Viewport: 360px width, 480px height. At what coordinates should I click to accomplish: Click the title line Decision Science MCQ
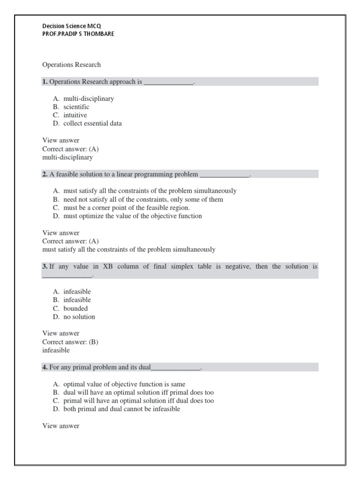(71, 26)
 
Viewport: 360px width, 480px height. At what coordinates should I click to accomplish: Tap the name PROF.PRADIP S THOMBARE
(78, 34)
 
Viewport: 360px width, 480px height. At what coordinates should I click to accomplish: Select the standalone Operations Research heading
(71, 65)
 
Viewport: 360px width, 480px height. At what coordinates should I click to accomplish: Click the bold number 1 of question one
(45, 82)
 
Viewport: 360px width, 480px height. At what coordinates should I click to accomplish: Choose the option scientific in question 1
(76, 107)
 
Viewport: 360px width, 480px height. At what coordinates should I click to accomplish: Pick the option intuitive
(75, 115)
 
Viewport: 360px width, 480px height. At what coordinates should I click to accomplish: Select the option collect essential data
(92, 124)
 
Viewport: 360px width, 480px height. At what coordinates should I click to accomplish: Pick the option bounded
(75, 308)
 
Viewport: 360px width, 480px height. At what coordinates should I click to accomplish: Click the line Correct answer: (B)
(70, 342)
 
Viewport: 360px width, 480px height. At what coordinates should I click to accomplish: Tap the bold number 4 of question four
(45, 367)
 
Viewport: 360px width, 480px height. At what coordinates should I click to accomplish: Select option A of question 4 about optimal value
(124, 384)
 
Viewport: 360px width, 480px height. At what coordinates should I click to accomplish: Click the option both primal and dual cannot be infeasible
(121, 409)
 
